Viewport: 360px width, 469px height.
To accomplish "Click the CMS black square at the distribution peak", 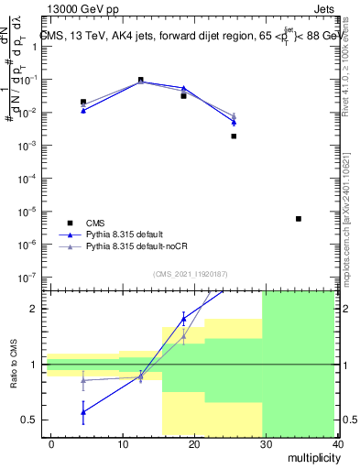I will coord(140,80).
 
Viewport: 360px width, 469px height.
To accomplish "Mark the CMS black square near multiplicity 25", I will coord(234,136).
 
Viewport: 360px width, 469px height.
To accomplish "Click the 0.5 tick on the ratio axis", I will coord(29,420).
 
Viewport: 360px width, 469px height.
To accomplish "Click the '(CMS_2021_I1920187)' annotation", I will coord(190,273).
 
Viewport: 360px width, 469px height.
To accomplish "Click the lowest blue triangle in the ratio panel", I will coord(83,411).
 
